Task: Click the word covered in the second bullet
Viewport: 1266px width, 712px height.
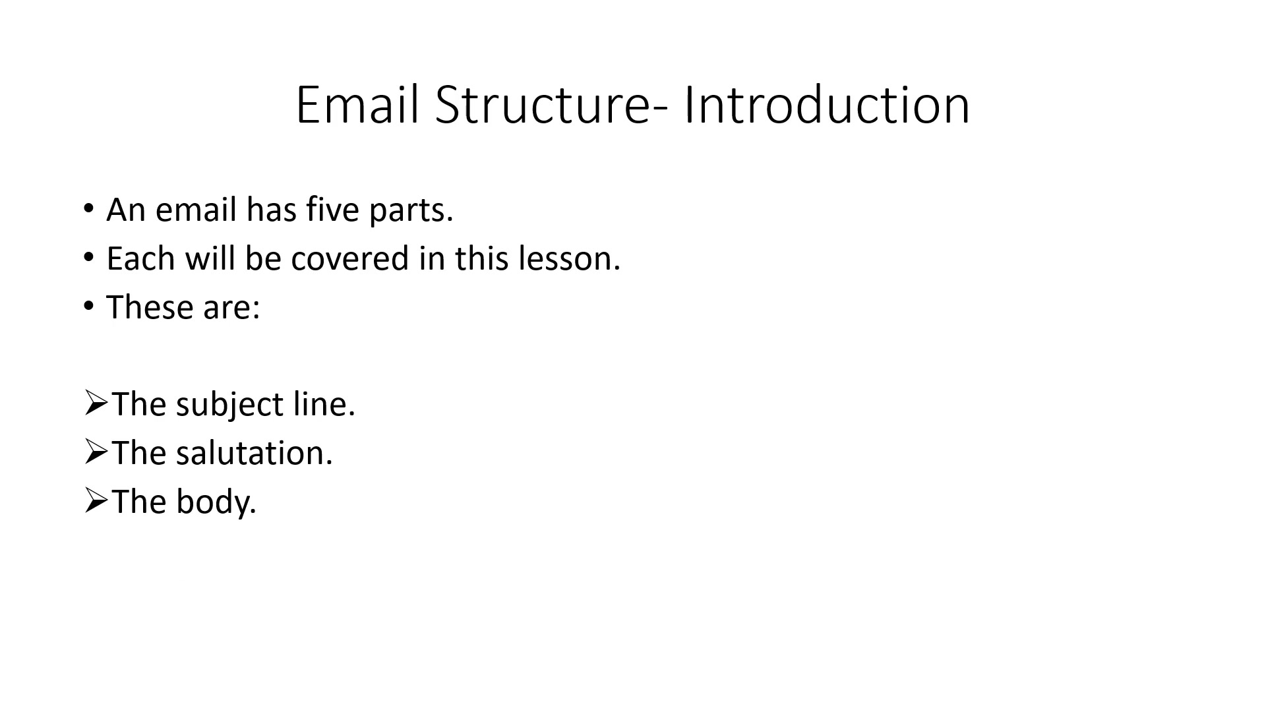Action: point(350,258)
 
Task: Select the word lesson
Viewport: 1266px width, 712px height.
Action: point(569,258)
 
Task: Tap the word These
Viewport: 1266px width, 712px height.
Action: point(150,307)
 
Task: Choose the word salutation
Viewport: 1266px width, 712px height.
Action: point(255,453)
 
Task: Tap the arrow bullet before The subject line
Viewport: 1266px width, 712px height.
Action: point(96,403)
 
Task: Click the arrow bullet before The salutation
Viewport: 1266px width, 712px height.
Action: point(96,452)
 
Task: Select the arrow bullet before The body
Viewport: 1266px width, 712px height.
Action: point(96,500)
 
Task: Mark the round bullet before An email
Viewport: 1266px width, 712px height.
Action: point(89,209)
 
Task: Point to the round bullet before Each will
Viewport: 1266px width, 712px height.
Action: point(89,258)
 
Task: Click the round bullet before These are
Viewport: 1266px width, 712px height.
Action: point(89,307)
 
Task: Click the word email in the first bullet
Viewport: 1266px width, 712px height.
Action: point(196,209)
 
